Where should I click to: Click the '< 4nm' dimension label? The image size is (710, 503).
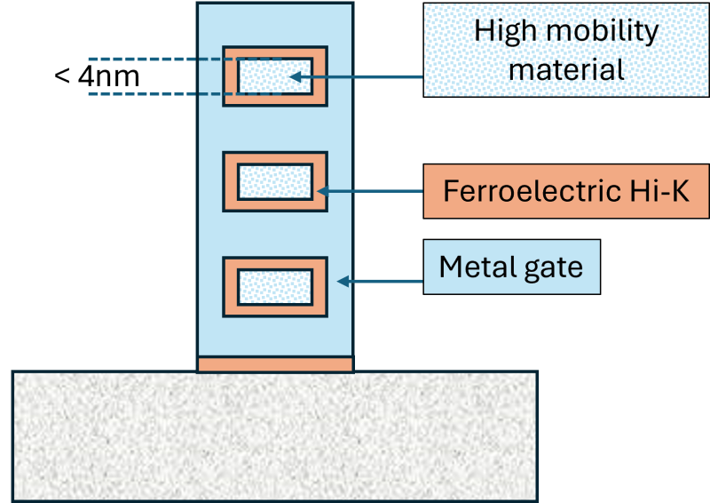(97, 76)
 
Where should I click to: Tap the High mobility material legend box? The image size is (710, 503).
(565, 50)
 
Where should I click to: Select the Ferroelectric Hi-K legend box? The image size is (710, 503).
(565, 190)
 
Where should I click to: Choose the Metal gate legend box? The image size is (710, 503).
(511, 267)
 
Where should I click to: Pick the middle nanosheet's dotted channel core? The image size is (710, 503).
(274, 181)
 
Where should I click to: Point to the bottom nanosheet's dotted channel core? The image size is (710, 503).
(274, 286)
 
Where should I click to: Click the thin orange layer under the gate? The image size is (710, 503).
(275, 364)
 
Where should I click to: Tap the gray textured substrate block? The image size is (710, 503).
(274, 435)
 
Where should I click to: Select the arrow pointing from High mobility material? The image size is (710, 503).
(355, 77)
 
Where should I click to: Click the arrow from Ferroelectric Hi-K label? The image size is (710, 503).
(369, 190)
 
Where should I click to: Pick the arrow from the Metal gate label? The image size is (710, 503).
(382, 282)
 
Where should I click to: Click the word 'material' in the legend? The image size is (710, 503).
(566, 68)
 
